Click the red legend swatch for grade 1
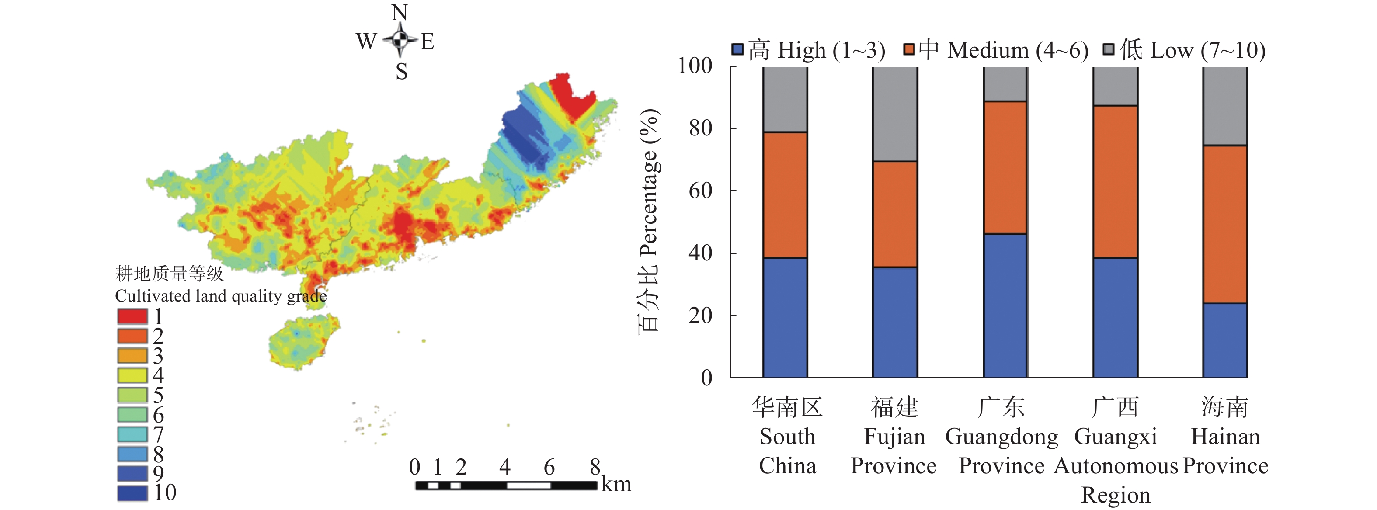pos(132,316)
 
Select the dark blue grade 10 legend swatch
pos(132,493)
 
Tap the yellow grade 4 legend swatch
pos(132,375)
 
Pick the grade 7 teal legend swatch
pos(132,434)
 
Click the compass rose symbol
pos(400,39)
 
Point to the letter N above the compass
pos(400,12)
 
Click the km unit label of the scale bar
pos(616,484)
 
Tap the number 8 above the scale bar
pos(595,467)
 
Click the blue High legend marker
pos(738,50)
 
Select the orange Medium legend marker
pos(909,50)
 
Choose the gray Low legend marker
pos(1109,50)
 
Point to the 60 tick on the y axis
pos(700,190)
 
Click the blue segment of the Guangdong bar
pos(1005,305)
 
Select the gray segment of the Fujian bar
pos(895,114)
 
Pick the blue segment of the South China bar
pos(785,318)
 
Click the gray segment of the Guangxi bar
pos(1115,86)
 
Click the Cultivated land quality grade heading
pos(220,295)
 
